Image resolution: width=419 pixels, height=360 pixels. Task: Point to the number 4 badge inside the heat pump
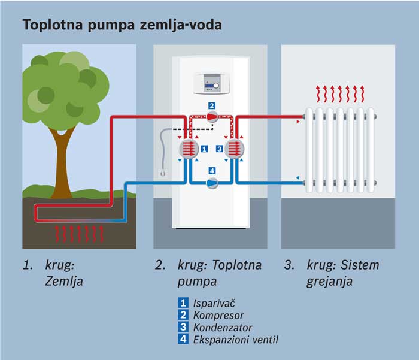tap(211, 171)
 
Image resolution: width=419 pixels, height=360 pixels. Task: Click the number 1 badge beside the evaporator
tap(204, 148)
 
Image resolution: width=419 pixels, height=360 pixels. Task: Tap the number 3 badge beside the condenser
tap(219, 148)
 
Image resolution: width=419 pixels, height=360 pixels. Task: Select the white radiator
tap(339, 150)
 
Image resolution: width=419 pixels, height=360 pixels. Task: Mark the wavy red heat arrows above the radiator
tap(339, 95)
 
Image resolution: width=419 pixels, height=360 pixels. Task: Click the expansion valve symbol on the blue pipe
tap(211, 184)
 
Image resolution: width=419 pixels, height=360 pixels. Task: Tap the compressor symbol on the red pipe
tap(211, 117)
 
